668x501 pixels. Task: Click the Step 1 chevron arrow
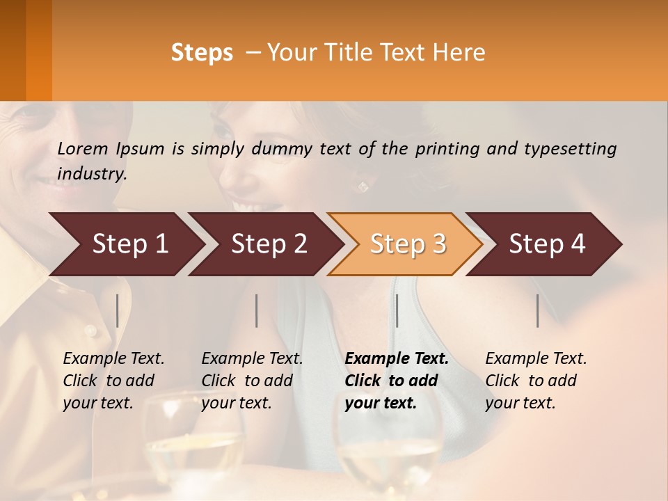129,244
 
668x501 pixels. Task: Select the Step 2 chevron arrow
268,244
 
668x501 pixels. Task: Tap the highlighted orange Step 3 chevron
407,244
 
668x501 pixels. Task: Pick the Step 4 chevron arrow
546,244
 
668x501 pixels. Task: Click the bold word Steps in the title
202,53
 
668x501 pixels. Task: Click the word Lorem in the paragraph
83,148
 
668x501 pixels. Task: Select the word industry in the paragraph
91,173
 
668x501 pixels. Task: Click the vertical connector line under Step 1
117,310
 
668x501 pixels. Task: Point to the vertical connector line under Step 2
257,310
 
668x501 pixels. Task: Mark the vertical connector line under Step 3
397,310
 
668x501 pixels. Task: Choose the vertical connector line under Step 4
538,310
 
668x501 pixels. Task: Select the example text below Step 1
113,381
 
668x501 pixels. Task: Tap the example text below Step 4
535,381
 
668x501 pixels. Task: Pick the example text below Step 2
251,381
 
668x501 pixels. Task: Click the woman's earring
362,186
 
